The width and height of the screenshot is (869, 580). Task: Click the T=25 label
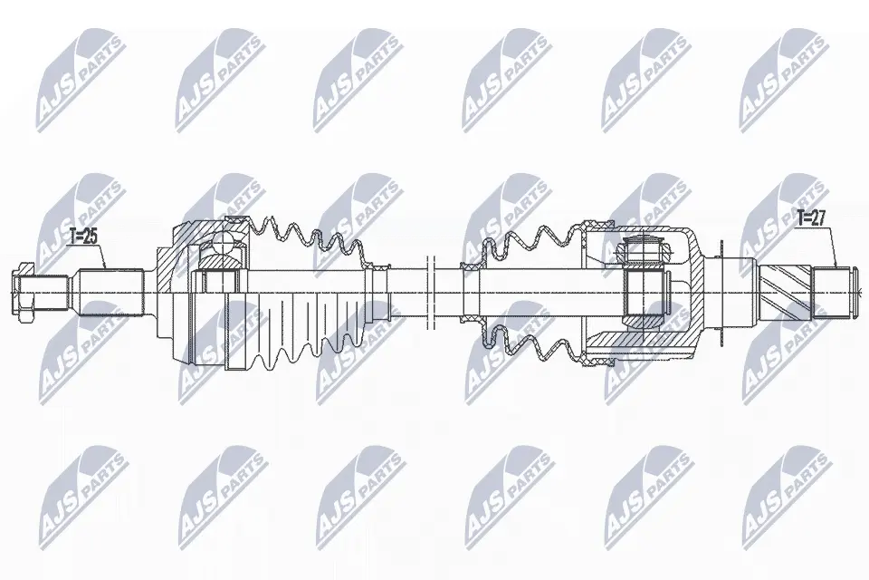tap(82, 237)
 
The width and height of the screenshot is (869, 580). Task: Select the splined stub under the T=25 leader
tap(110, 292)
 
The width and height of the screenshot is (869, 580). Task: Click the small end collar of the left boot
tap(380, 292)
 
